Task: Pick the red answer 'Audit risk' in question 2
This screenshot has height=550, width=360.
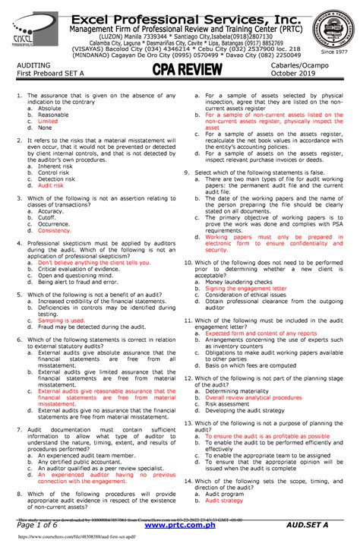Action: [51, 185]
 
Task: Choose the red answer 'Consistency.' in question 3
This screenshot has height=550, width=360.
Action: [54, 230]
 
